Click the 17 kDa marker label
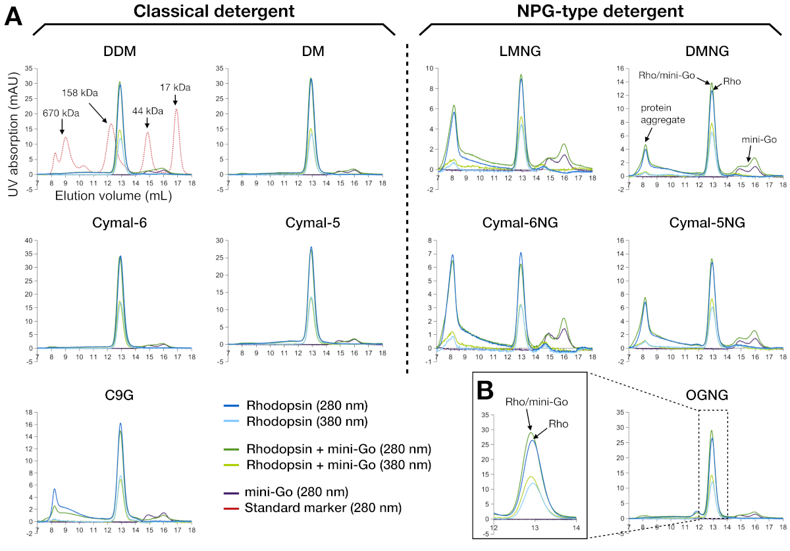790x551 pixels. pos(174,86)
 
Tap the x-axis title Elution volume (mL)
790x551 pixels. pos(98,196)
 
